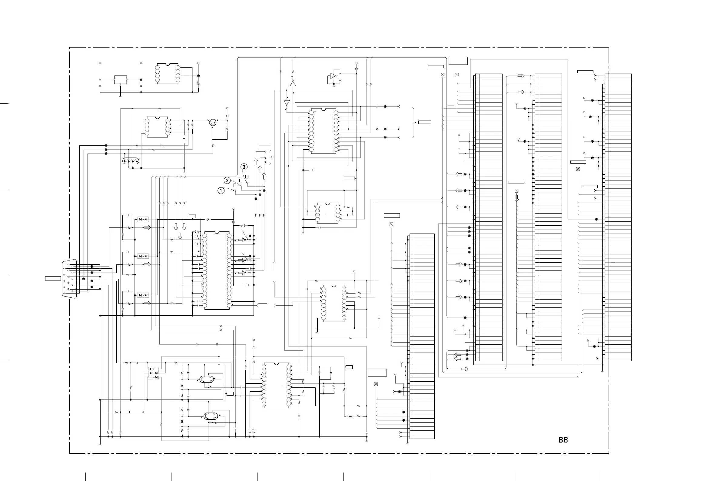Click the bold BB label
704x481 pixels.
(563, 440)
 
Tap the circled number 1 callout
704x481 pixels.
(221, 191)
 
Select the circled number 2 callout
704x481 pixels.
(227, 181)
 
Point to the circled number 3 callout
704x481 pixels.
(244, 167)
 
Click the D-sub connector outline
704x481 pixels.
(69, 278)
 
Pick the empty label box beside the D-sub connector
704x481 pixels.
(53, 278)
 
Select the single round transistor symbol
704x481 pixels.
(213, 122)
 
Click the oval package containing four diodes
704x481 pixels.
(131, 161)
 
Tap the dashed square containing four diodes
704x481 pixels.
(154, 373)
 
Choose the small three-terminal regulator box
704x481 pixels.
(120, 80)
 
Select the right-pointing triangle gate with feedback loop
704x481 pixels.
(333, 76)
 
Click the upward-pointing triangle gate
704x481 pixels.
(293, 83)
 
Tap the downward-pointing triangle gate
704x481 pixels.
(287, 103)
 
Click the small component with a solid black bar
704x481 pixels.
(350, 416)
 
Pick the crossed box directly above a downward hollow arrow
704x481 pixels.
(516, 191)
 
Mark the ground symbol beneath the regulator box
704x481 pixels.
(120, 96)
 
